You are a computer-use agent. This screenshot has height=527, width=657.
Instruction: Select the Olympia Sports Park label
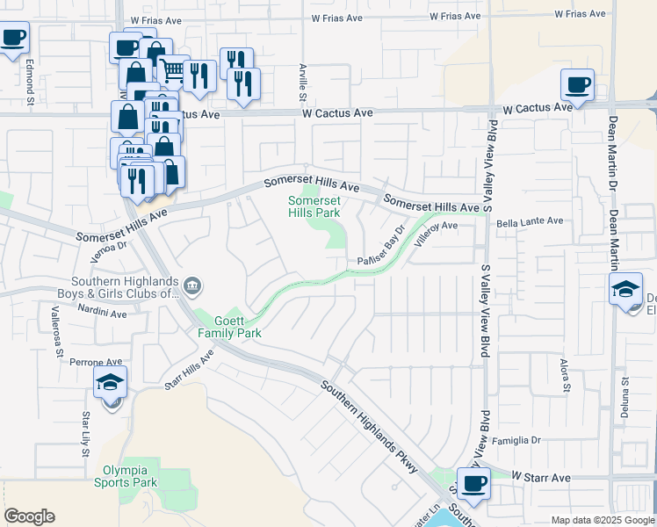click(124, 475)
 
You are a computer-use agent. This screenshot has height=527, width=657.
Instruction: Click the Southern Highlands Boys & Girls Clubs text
click(119, 287)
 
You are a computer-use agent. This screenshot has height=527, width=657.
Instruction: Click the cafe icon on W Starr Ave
click(474, 483)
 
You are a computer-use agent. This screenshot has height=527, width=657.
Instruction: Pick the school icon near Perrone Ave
click(112, 382)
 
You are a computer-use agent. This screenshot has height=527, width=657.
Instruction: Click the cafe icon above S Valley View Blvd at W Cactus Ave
click(577, 85)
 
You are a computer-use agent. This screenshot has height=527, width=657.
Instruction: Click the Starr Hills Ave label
click(190, 369)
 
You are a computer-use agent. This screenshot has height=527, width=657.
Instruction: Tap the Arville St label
click(302, 80)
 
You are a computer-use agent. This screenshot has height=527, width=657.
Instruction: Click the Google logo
click(30, 516)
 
